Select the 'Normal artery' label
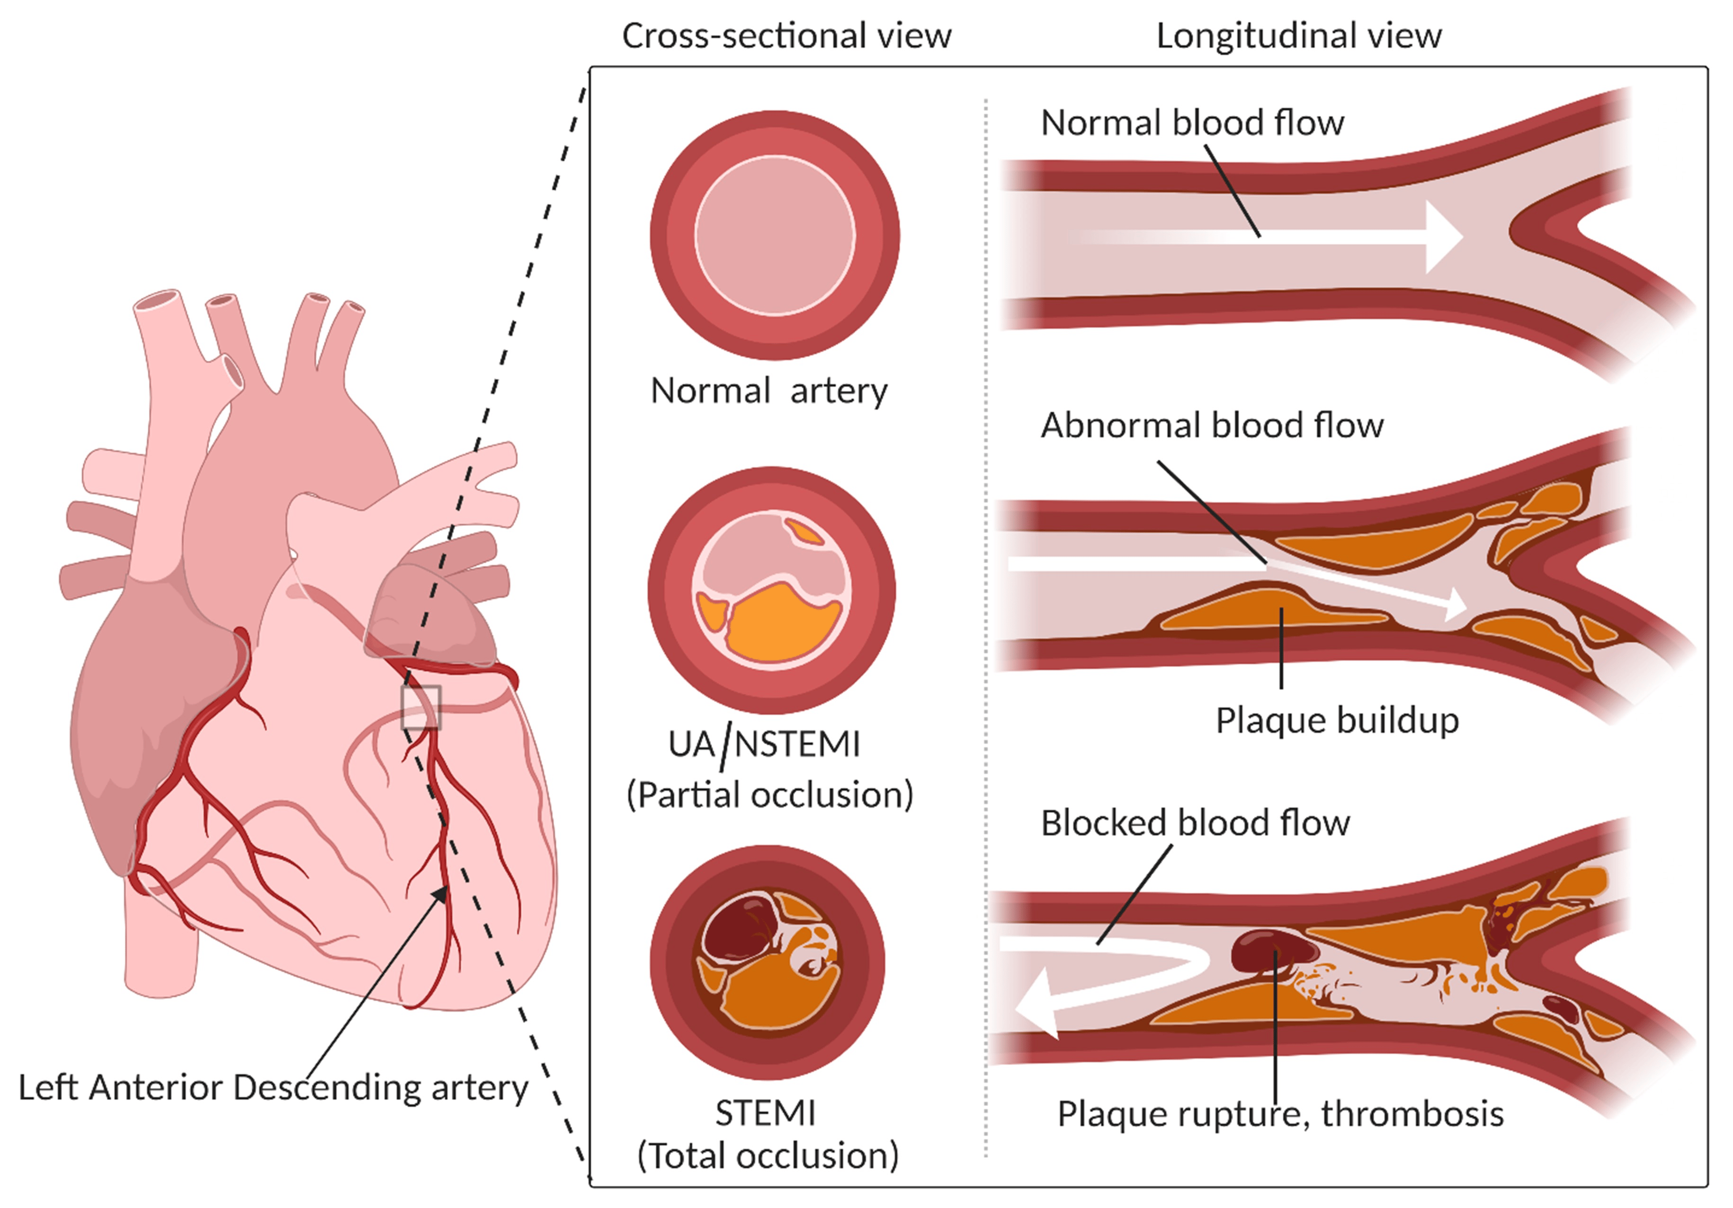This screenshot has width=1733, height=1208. [x=768, y=391]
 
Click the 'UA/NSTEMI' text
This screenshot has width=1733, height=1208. [x=764, y=744]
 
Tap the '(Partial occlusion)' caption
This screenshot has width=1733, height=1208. [x=770, y=794]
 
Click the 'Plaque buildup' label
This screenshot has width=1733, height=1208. [x=1337, y=720]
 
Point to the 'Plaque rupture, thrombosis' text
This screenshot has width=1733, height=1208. [x=1280, y=1114]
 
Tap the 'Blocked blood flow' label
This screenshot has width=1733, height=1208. [x=1195, y=822]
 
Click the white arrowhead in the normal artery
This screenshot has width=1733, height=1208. [x=1442, y=237]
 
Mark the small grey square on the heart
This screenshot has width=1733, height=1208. [x=420, y=707]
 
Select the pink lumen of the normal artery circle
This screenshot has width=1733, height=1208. [x=775, y=235]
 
